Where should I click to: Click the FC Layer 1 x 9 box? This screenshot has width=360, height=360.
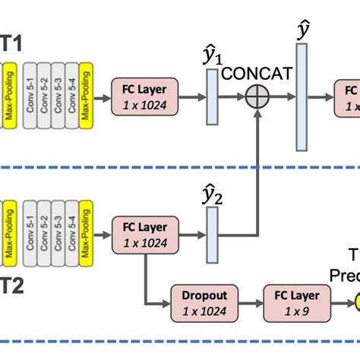tap(292, 301)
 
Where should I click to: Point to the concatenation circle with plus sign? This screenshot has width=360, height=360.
tap(258, 96)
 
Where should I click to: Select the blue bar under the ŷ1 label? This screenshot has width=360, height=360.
tap(211, 96)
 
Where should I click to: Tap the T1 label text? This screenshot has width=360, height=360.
tap(12, 45)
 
